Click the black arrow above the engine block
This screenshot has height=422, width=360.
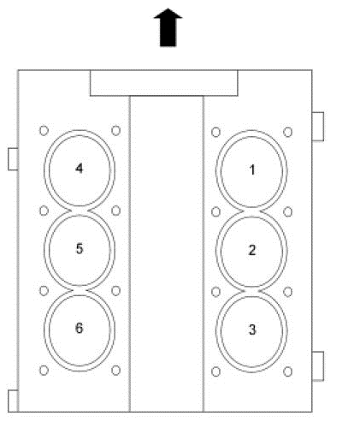[168, 27]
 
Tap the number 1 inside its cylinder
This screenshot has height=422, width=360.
[252, 169]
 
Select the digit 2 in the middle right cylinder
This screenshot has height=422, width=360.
[252, 250]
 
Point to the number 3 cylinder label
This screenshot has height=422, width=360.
[252, 330]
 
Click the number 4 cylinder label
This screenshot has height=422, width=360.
[80, 169]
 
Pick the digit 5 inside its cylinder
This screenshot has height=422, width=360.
[80, 248]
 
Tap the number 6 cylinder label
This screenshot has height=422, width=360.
[80, 328]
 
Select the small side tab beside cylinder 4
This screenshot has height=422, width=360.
[13, 159]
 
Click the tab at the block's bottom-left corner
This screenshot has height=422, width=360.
[13, 401]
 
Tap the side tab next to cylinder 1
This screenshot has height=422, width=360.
[318, 127]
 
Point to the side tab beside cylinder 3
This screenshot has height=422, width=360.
[318, 366]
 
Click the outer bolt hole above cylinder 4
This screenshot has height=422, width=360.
[44, 131]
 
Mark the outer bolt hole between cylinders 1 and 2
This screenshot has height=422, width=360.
[288, 212]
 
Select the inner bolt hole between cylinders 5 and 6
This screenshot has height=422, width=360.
[115, 291]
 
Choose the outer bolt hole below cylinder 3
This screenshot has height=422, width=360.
[288, 371]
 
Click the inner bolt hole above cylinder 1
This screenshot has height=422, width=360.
[215, 133]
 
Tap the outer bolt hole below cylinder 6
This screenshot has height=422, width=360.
[44, 371]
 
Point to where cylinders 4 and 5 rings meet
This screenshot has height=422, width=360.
[80, 211]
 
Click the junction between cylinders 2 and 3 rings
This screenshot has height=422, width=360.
[251, 292]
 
